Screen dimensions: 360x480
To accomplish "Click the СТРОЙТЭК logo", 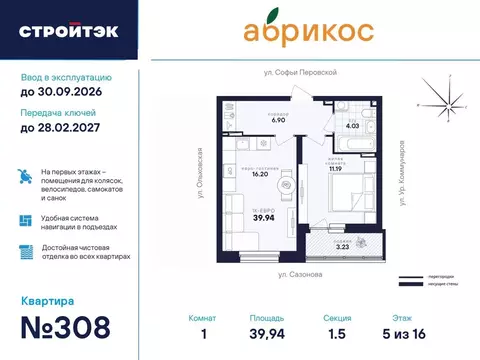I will (67, 30).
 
